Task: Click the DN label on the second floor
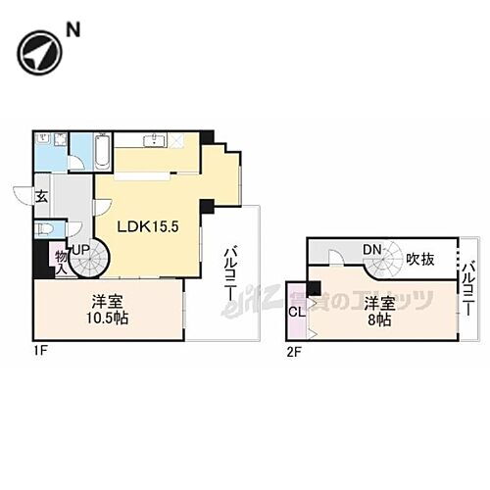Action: [x=371, y=251]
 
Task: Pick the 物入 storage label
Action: [x=61, y=259]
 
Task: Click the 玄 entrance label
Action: [x=41, y=196]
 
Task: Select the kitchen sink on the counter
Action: [x=154, y=141]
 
